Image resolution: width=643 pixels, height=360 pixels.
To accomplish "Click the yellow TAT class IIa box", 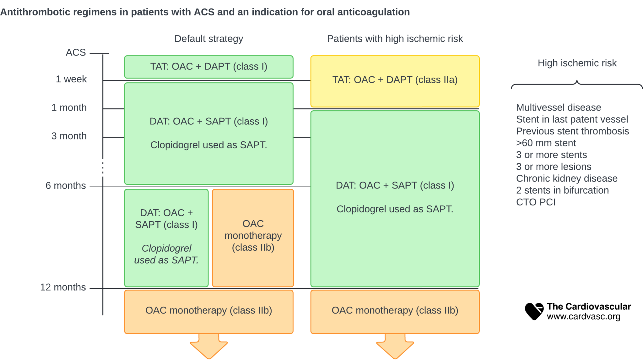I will coord(395,81).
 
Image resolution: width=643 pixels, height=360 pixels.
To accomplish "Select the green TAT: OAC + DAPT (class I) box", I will coord(208,67).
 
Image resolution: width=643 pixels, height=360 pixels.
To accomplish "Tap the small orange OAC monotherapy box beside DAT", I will coord(253,237).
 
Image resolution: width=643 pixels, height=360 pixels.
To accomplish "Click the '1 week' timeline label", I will coord(71,79).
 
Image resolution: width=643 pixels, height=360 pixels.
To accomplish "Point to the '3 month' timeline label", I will coord(69,136).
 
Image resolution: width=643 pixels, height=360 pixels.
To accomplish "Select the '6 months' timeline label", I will coord(65,185).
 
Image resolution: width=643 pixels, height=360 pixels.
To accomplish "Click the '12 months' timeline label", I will coord(63,287).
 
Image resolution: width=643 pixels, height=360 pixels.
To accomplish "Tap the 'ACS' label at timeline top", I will coord(75,52).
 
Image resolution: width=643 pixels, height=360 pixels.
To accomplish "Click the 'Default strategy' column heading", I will coord(208,39).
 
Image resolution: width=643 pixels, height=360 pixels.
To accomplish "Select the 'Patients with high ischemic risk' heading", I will coord(395,39).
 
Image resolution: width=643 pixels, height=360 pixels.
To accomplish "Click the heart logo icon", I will coord(534,311).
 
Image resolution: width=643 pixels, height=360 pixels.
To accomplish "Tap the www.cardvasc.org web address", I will coord(583,316).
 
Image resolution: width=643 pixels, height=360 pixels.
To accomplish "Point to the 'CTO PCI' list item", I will coord(536,202).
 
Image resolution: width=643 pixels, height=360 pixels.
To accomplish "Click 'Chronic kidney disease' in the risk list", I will coord(566,178).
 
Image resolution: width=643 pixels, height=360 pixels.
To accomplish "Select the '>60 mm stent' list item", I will coord(546,143).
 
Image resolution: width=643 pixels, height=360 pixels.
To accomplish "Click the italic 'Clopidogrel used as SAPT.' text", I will coord(166,254).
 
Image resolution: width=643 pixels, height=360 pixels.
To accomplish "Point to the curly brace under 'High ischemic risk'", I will coord(577,84).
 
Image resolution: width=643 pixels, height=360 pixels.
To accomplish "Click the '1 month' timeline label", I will coord(69,107).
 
